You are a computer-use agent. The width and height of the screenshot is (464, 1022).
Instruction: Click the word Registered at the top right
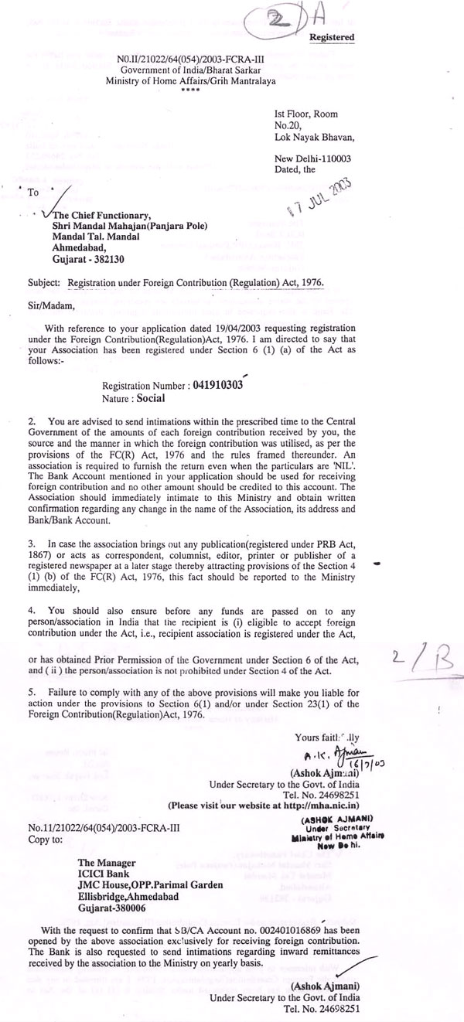[332, 37]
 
